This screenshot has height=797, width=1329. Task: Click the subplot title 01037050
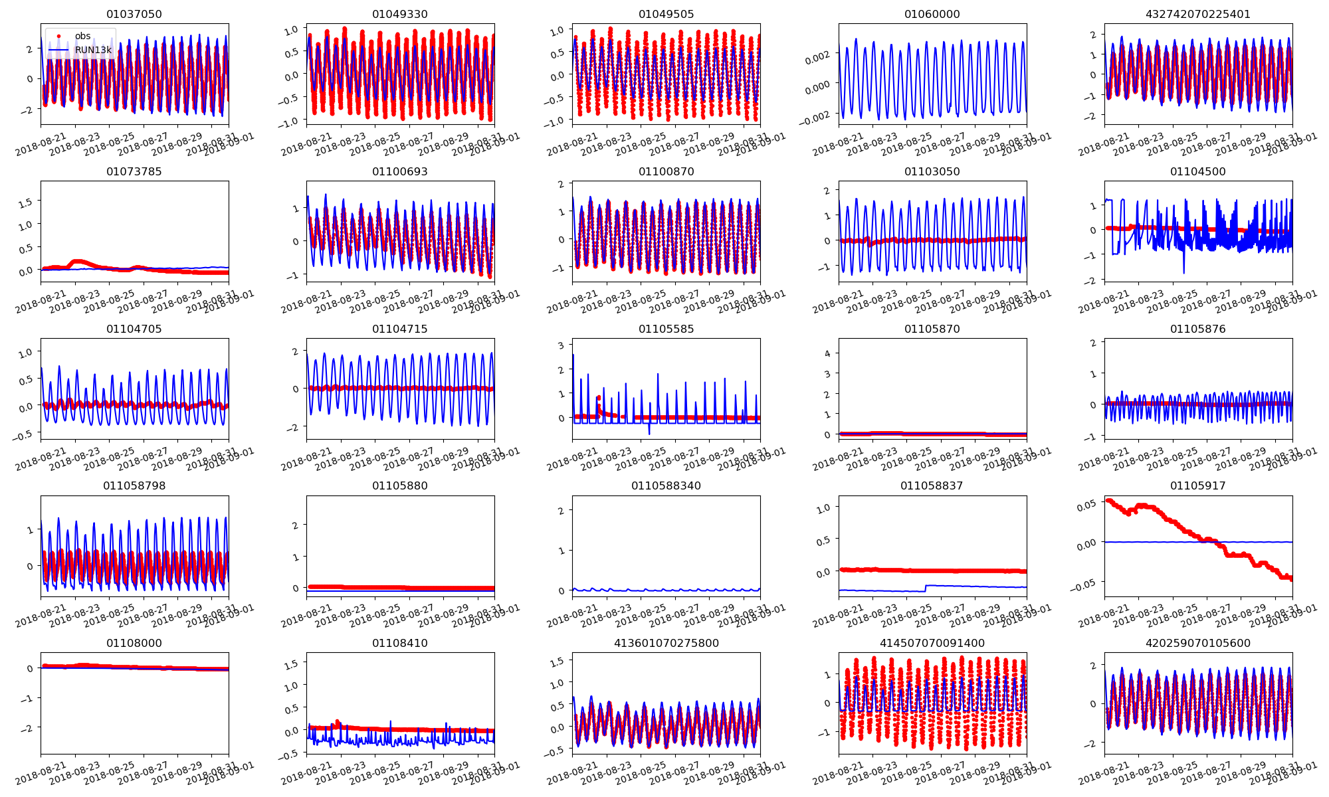coord(134,15)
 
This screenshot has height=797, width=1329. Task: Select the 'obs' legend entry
coord(82,37)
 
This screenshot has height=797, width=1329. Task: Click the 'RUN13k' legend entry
coord(93,50)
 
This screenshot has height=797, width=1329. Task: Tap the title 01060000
coord(932,15)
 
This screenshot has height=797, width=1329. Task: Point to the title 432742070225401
coord(1197,15)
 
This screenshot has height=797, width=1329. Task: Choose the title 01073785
coord(134,172)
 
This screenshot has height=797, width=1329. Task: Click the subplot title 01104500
coord(1197,172)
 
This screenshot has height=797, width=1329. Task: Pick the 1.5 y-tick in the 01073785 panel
coord(25,203)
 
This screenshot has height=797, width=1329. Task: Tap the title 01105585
coord(666,329)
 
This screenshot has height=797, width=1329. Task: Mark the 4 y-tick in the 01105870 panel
coord(828,353)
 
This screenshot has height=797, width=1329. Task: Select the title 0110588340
coord(666,486)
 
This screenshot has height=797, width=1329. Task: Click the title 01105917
coord(1197,486)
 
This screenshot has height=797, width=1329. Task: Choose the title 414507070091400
coord(932,644)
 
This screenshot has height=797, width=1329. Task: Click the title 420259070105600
coord(1197,644)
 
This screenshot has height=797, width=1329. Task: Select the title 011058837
coord(932,486)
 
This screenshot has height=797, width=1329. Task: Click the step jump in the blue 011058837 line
coord(926,588)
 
